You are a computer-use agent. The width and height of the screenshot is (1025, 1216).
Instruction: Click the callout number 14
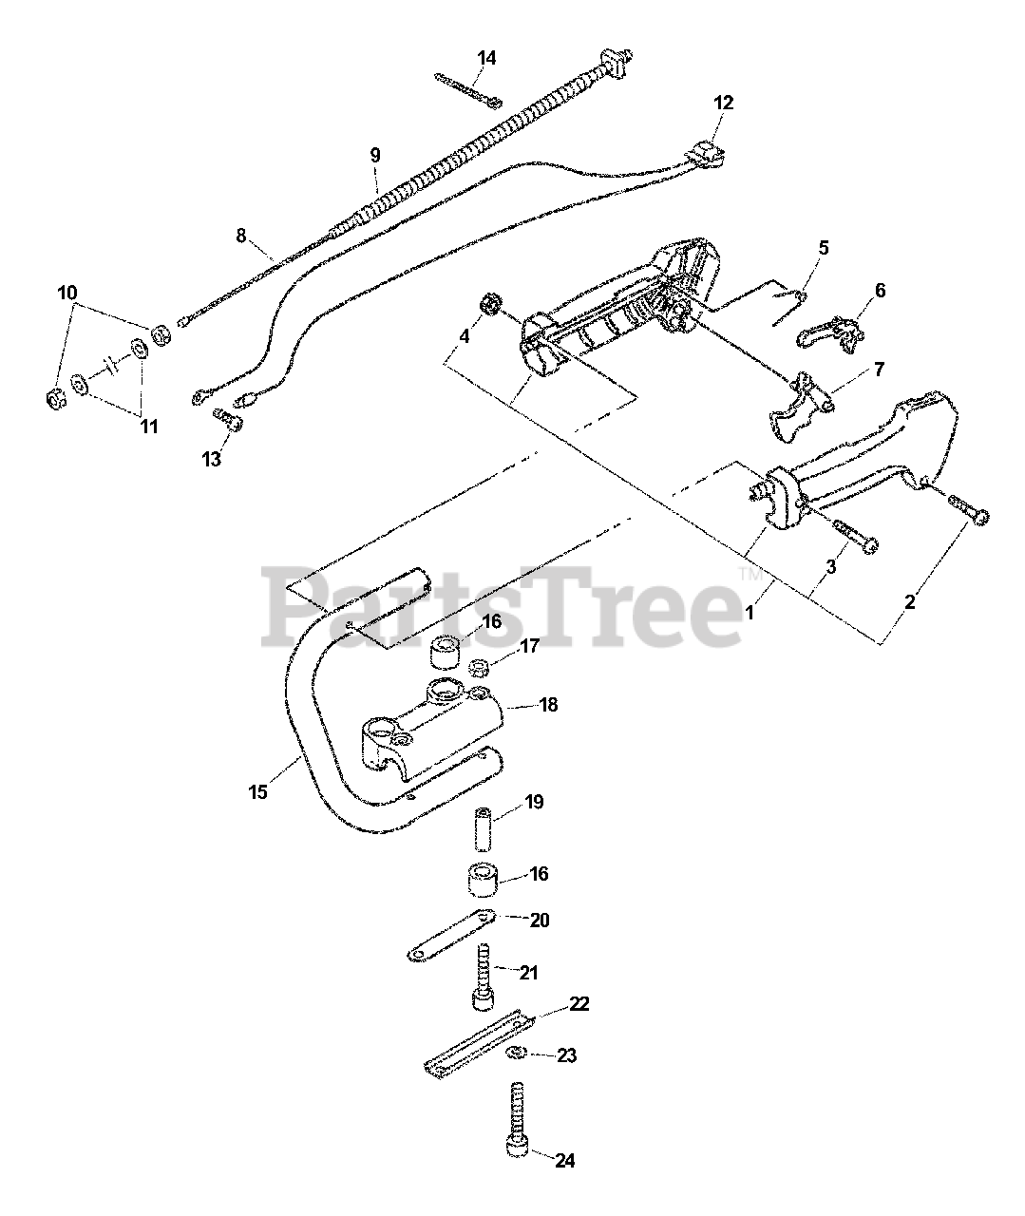tap(486, 59)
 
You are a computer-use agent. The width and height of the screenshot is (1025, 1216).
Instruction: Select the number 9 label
tap(375, 154)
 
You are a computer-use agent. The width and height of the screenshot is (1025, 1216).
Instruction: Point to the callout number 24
tap(566, 1160)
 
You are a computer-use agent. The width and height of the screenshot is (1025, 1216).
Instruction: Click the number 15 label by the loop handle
tap(259, 790)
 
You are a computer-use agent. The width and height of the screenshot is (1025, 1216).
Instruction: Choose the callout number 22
tap(579, 1004)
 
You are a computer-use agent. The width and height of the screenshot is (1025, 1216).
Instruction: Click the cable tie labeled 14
tap(469, 89)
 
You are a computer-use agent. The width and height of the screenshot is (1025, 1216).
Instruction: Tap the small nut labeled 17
tap(481, 665)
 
